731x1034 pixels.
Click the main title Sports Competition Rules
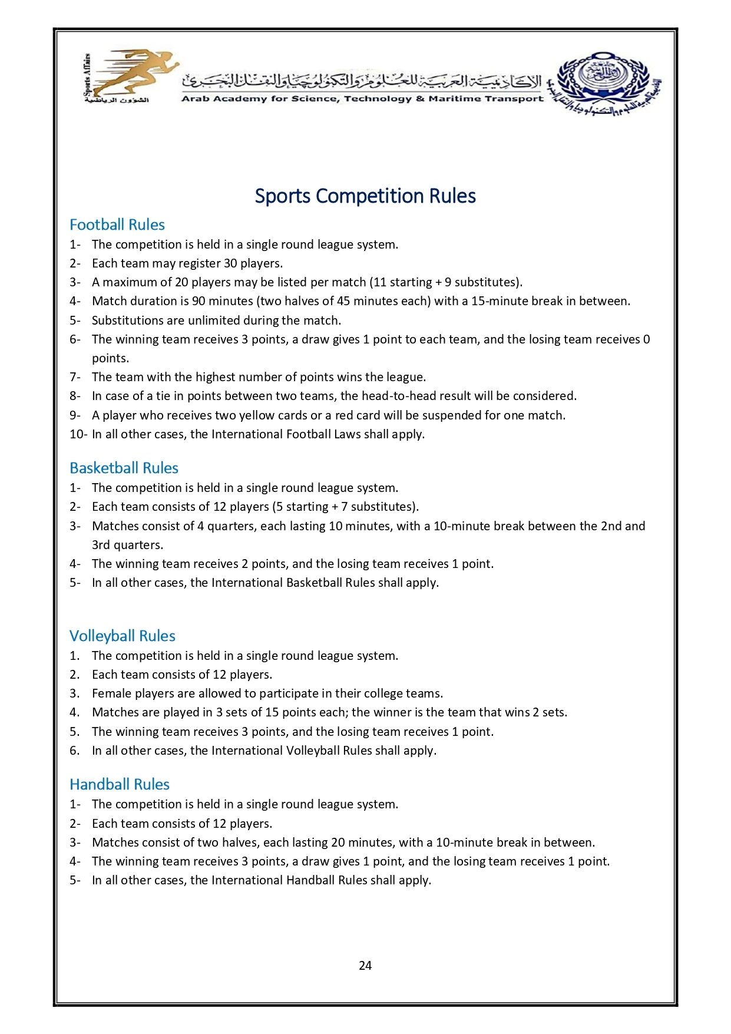click(x=365, y=196)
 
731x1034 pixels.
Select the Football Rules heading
click(x=117, y=224)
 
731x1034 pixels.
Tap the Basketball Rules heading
click(x=124, y=468)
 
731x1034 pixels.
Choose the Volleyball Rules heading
click(x=122, y=636)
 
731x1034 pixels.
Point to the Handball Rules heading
click(x=119, y=784)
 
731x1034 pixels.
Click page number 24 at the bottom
click(x=365, y=965)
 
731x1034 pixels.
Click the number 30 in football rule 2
click(x=230, y=263)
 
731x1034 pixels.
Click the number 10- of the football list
click(x=78, y=434)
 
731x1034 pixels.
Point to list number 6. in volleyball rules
click(x=75, y=751)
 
